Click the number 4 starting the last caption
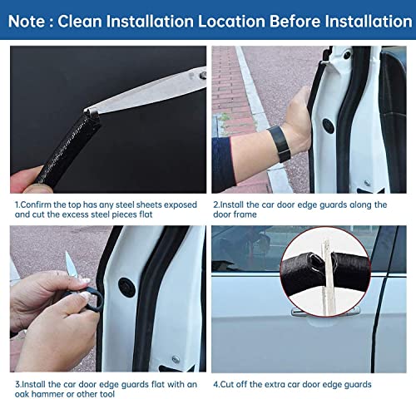215,386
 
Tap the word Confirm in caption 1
39,204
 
